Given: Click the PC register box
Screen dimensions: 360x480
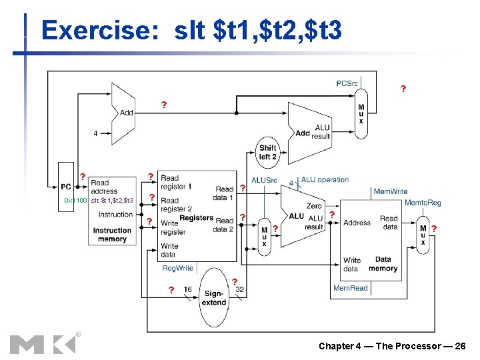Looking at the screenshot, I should tap(67, 187).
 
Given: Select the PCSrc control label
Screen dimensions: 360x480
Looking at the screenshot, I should tap(347, 83).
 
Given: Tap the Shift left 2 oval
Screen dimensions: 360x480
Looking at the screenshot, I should tap(267, 152).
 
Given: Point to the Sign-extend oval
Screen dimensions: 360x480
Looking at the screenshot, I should tap(214, 298).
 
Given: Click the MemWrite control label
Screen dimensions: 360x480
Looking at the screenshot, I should tap(390, 191).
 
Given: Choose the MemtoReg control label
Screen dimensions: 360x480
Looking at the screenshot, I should tap(423, 203).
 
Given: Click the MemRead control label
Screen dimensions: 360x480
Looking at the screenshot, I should tap(351, 288).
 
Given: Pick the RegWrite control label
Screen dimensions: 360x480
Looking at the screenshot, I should tap(177, 268).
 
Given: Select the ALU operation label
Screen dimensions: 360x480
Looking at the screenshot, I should tap(325, 179).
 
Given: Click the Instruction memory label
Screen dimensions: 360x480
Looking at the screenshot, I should tap(112, 235).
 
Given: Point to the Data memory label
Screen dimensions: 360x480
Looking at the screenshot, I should tap(383, 264).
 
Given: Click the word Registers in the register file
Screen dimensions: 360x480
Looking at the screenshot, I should tap(196, 218).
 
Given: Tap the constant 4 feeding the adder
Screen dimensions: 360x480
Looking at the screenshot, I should tap(95, 133).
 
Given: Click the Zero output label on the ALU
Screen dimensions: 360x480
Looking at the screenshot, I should tap(313, 206).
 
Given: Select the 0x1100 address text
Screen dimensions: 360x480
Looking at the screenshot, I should tap(75, 201).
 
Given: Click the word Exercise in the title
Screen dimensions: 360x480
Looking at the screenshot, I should tap(99, 30).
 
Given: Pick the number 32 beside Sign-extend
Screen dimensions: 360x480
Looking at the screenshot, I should tap(239, 289).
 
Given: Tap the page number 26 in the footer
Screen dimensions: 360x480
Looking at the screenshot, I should tap(459, 346).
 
